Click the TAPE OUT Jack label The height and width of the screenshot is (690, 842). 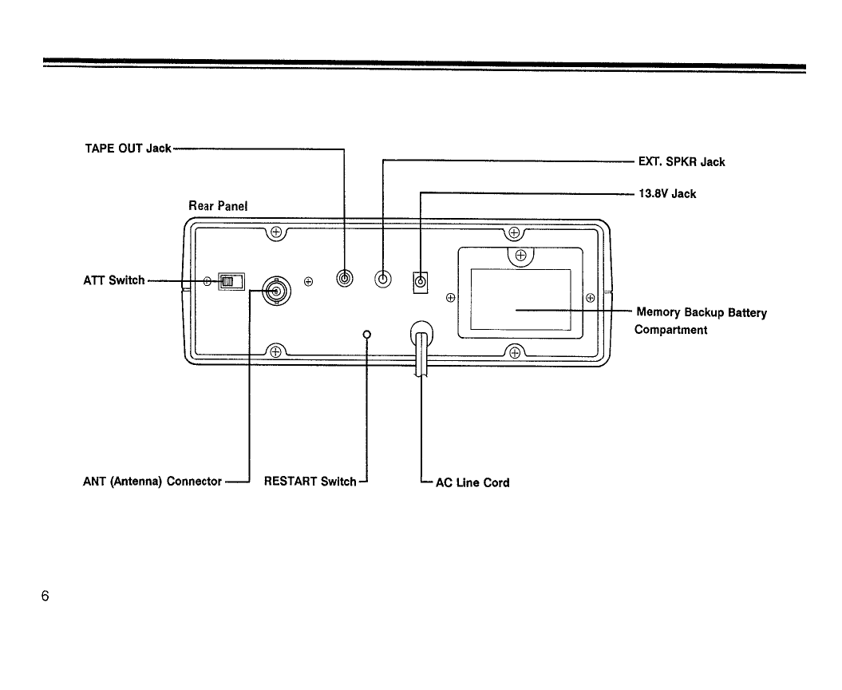click(x=128, y=149)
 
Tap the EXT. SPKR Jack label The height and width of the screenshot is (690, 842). click(x=681, y=162)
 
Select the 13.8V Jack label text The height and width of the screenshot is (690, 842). click(x=667, y=194)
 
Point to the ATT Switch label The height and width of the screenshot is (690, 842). click(x=114, y=280)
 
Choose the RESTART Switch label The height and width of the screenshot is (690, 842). click(x=310, y=482)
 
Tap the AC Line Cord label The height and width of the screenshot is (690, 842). click(x=472, y=482)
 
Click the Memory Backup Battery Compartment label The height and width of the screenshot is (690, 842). click(x=700, y=320)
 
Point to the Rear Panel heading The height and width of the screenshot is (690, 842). click(x=218, y=206)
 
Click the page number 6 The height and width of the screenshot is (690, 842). click(x=45, y=596)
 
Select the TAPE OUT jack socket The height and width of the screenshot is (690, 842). click(x=345, y=280)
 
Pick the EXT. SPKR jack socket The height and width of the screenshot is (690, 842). click(x=384, y=280)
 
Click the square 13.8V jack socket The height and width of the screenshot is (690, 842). click(x=421, y=282)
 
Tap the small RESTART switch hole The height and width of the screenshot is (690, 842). click(x=367, y=334)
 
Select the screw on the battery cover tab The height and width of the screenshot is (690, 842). click(x=520, y=256)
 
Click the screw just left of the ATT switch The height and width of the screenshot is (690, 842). click(x=207, y=281)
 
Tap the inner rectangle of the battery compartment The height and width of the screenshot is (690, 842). click(x=520, y=299)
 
